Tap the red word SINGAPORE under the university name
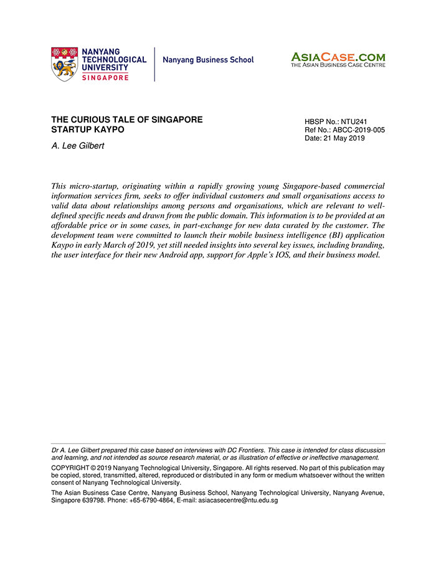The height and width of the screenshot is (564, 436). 105,77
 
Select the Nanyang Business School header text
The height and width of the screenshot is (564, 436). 208,60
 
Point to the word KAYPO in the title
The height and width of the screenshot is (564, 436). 108,129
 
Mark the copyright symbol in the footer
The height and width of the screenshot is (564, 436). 93,468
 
